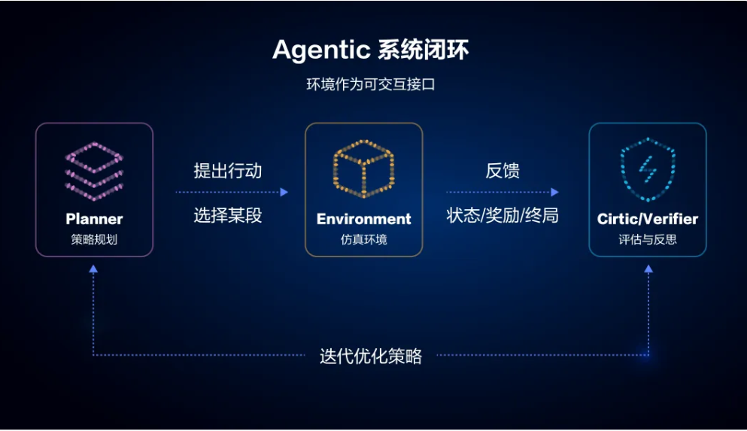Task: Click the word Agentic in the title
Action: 321,50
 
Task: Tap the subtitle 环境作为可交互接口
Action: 371,84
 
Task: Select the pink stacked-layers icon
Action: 94,171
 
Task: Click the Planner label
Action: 94,219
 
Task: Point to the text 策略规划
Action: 94,239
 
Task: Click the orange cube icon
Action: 363,168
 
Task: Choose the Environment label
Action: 363,219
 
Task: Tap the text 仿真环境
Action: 363,239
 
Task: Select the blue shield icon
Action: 648,169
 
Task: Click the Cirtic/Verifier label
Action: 648,219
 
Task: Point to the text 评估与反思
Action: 648,239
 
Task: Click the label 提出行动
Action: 228,171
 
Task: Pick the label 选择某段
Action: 228,215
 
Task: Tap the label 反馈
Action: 502,171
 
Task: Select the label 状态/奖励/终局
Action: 502,215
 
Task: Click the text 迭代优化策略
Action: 371,356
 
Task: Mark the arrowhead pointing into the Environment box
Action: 284,192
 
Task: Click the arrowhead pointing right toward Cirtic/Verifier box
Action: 554,192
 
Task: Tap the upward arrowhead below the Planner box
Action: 93,269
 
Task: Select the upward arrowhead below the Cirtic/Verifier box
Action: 648,269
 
